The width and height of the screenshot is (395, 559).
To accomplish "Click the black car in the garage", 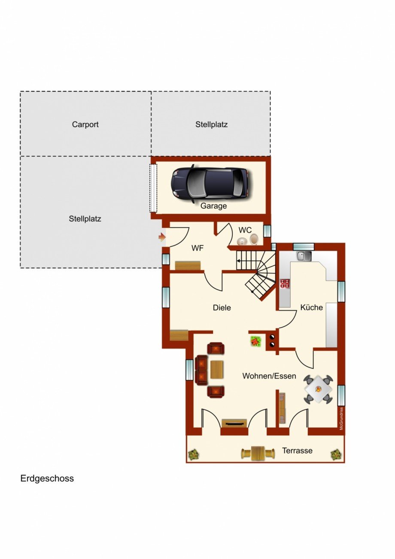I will pyautogui.click(x=210, y=183).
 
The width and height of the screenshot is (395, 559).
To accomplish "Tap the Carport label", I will pyautogui.click(x=85, y=125).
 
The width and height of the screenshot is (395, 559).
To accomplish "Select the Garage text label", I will pyautogui.click(x=213, y=206).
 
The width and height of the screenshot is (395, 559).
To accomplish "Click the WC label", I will pyautogui.click(x=245, y=231).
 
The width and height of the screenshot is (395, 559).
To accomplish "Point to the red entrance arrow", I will pyautogui.click(x=162, y=237).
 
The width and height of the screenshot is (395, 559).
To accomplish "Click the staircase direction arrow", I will pyautogui.click(x=239, y=260).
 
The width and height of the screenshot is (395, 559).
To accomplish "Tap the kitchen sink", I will pyautogui.click(x=304, y=256).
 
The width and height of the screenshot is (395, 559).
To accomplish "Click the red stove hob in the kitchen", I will pyautogui.click(x=284, y=283).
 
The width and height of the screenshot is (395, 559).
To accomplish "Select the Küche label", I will pyautogui.click(x=312, y=307).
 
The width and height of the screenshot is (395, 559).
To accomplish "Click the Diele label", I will pyautogui.click(x=222, y=308).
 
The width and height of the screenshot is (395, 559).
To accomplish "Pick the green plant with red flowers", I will pyautogui.click(x=256, y=341).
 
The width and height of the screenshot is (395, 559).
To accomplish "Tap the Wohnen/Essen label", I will pyautogui.click(x=269, y=376).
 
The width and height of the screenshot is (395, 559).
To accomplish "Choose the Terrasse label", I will pyautogui.click(x=297, y=451).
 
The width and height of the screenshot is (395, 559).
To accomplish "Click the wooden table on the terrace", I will pyautogui.click(x=258, y=453).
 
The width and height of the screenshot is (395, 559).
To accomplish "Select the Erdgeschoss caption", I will pyautogui.click(x=47, y=478).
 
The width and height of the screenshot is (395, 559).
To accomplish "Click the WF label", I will pyautogui.click(x=197, y=248).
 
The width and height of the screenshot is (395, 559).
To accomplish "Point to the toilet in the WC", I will pyautogui.click(x=254, y=239).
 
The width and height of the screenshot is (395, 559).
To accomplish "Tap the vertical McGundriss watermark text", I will pyautogui.click(x=341, y=418).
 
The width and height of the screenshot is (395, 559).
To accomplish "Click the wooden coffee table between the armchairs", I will pyautogui.click(x=217, y=370).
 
